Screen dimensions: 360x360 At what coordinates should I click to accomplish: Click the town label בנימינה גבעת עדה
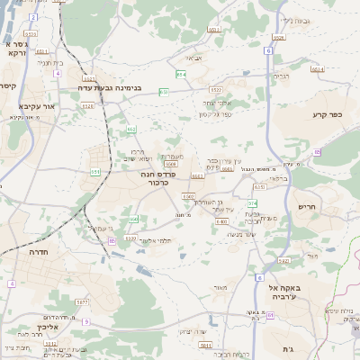coord(135,89)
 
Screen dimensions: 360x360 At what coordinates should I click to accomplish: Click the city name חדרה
coord(39,253)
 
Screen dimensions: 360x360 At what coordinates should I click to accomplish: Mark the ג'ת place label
coord(288,349)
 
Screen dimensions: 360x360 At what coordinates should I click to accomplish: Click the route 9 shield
coord(112,240)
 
